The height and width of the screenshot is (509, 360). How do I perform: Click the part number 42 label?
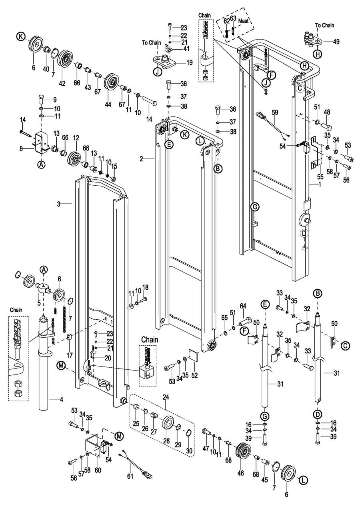click(x=62, y=83)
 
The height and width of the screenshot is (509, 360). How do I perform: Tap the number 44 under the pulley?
click(x=108, y=105)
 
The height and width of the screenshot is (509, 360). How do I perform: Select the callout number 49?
click(x=336, y=41)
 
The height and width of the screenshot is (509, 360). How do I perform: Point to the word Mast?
click(x=243, y=21)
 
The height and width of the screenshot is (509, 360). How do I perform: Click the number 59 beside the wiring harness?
click(x=275, y=113)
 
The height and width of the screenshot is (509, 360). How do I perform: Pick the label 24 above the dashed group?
click(x=166, y=397)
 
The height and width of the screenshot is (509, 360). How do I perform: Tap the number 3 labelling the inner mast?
click(x=58, y=204)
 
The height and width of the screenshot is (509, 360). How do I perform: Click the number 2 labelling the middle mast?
click(x=141, y=159)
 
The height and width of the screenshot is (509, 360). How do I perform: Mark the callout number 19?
click(x=189, y=62)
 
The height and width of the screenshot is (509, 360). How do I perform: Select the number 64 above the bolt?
click(x=243, y=306)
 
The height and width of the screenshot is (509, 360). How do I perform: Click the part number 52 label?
click(x=195, y=375)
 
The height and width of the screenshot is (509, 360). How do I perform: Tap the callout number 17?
click(x=70, y=355)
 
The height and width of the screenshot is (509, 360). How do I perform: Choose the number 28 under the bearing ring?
click(x=166, y=441)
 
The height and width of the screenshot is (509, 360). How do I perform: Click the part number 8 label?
click(x=21, y=149)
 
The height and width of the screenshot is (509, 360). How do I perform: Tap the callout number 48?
click(x=327, y=112)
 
